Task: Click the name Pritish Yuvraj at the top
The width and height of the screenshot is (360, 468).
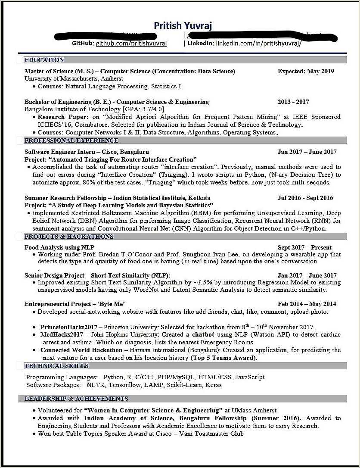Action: (183, 26)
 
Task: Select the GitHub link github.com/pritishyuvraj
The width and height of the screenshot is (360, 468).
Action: (131, 44)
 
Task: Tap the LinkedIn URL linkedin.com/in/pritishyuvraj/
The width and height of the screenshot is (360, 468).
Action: (258, 44)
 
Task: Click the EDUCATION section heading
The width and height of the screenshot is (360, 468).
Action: (44, 60)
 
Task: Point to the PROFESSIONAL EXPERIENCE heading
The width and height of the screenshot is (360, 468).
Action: (71, 140)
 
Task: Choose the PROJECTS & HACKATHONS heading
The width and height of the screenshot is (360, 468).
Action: (69, 237)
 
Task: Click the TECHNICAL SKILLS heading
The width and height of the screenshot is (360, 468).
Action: (56, 366)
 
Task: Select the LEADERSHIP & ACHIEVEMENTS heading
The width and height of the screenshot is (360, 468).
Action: (76, 399)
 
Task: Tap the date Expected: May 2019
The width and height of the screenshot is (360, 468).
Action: (305, 71)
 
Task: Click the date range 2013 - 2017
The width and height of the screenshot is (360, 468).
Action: (293, 102)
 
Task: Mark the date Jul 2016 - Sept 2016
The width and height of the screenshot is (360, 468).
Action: (305, 198)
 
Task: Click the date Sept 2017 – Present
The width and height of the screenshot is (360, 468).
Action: (304, 247)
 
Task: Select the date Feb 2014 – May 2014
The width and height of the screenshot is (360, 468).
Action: (307, 304)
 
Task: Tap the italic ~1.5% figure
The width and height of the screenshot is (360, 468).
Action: (202, 283)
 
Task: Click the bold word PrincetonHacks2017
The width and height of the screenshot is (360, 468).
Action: (69, 327)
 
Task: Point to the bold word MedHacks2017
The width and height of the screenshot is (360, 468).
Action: (62, 334)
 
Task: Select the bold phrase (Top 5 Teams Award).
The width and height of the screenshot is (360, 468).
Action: (223, 358)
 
